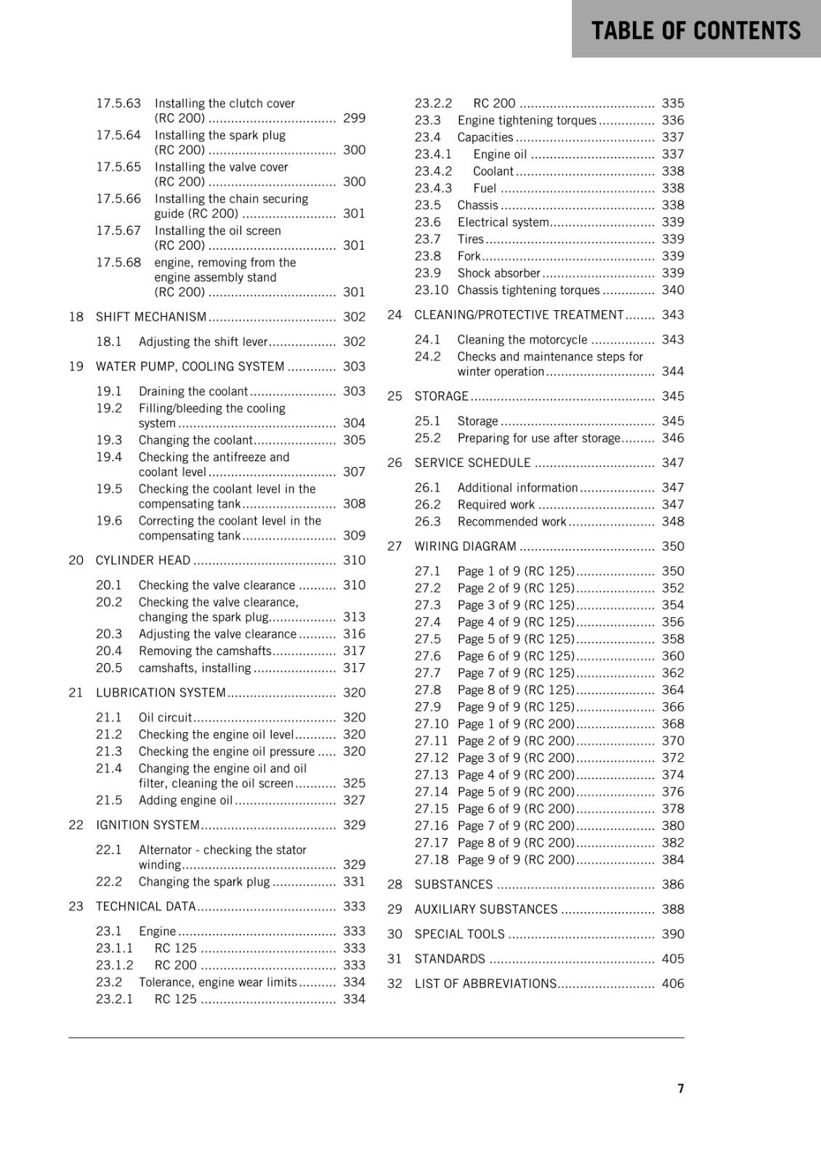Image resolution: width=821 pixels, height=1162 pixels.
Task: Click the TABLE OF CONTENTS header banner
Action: coord(695,31)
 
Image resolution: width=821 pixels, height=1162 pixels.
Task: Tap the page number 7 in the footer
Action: coord(681,1088)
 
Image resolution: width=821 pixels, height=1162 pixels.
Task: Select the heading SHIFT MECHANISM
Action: coord(151,317)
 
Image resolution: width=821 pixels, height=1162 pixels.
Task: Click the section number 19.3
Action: coord(109,440)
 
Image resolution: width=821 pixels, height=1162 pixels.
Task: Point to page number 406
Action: coord(673,983)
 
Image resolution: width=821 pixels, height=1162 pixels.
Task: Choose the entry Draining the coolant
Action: coord(193,391)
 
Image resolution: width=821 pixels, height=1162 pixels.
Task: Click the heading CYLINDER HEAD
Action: coord(143,560)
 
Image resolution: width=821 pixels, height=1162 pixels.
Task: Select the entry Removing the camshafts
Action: coord(205,651)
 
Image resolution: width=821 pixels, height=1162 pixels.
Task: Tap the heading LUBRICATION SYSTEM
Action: coord(161,692)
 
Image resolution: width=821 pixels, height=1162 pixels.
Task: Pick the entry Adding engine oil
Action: coord(186,800)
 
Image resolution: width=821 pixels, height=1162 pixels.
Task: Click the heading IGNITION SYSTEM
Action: coord(147,825)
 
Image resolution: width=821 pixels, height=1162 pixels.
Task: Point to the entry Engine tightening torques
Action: coord(527,121)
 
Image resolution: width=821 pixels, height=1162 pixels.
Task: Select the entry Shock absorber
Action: coord(499,273)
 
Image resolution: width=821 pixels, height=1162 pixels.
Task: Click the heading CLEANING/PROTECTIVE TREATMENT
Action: coord(519,314)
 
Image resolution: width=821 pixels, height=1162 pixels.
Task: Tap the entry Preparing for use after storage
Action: coord(538,438)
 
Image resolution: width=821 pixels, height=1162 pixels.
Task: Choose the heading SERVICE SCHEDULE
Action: coord(472,463)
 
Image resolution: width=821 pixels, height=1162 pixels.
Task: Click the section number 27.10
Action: coord(432,724)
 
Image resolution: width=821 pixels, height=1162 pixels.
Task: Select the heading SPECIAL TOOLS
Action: coord(459,934)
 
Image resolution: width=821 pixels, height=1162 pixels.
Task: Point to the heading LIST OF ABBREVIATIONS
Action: coord(485,983)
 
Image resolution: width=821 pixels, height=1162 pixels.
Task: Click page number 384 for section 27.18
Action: coord(673,860)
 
